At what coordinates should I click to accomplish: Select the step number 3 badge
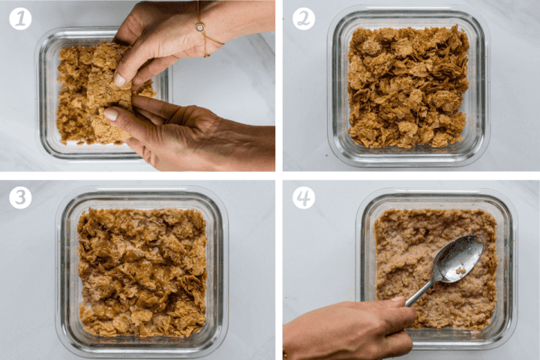20,198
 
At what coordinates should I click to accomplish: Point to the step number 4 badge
304,198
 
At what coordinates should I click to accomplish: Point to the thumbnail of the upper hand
120,79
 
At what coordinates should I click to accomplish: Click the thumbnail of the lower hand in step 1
111,114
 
